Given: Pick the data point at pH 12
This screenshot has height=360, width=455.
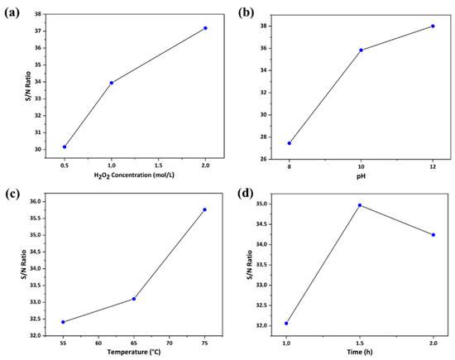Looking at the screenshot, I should click(x=433, y=26).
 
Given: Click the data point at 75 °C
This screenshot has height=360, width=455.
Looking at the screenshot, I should click(x=204, y=209).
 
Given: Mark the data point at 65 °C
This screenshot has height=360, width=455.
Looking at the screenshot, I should click(x=134, y=299).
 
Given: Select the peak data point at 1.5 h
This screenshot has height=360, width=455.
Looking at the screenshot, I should click(x=360, y=205).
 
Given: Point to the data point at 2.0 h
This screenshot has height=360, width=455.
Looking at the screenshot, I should click(x=433, y=235).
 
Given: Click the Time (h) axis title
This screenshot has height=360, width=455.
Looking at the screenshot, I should click(x=360, y=353).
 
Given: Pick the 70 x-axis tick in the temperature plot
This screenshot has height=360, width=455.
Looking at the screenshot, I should click(x=170, y=341).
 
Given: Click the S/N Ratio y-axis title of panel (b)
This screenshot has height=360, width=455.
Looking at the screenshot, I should click(x=242, y=87).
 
